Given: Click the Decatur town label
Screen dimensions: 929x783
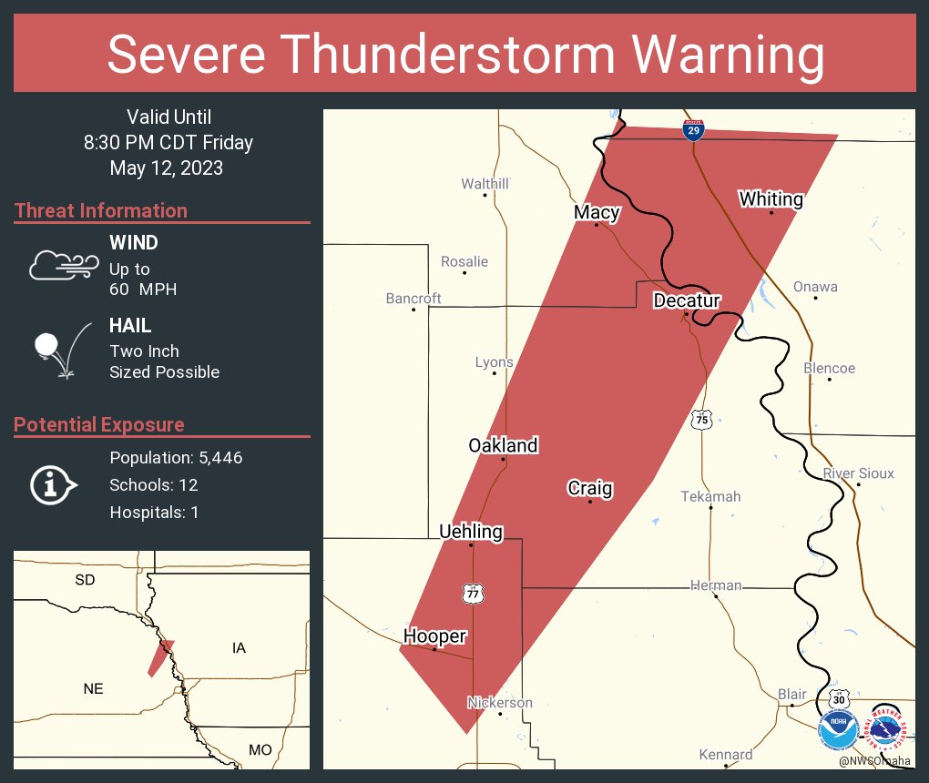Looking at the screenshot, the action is [687, 300].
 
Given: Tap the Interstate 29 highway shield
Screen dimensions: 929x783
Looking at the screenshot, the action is [694, 130].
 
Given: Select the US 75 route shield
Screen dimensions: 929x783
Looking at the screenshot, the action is [700, 420].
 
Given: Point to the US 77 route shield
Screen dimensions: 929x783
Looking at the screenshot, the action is [473, 594].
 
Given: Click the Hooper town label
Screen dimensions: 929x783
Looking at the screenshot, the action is [434, 636].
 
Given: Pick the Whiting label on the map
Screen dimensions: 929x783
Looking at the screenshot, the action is [771, 198].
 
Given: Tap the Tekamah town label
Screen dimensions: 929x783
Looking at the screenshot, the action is [710, 496].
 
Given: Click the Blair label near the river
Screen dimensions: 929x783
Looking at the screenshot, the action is [791, 694].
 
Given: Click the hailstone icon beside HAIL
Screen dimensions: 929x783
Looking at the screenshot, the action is [47, 345].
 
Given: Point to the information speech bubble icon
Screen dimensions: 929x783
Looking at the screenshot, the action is [53, 484].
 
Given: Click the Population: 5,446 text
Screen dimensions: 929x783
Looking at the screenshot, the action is [176, 457].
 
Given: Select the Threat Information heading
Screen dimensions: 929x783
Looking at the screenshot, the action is [101, 210].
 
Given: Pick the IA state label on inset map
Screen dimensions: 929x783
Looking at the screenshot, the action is [239, 647].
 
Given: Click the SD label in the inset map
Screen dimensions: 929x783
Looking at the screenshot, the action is [85, 579].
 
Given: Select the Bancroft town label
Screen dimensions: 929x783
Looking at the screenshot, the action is [413, 298].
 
